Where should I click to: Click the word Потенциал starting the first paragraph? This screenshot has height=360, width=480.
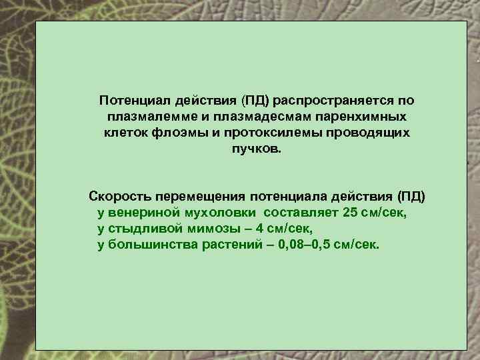(135, 101)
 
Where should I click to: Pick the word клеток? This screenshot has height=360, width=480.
(123, 133)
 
